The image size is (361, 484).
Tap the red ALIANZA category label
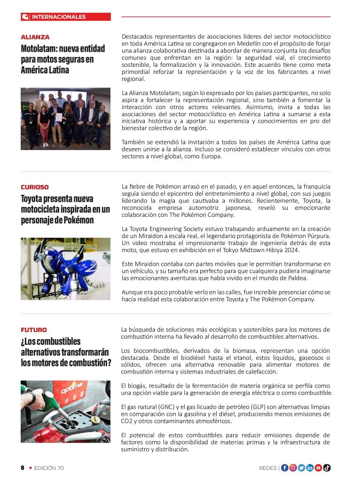click(x=35, y=37)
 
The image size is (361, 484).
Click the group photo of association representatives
click(x=65, y=119)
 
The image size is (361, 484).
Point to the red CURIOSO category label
click(x=35, y=187)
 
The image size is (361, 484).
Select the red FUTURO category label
click(x=34, y=330)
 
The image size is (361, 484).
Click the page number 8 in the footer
click(x=22, y=468)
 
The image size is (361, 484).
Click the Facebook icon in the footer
click(x=285, y=468)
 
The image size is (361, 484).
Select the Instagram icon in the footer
click(x=293, y=468)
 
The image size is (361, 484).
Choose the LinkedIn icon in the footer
click(x=310, y=468)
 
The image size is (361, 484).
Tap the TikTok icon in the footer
click(x=327, y=468)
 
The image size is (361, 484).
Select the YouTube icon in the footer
click(x=318, y=468)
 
